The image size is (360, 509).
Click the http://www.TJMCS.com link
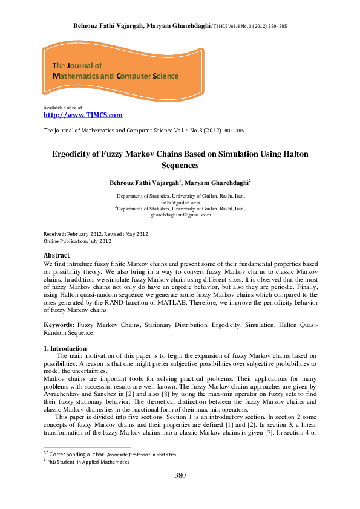coord(83,115)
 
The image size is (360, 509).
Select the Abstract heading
coord(57,256)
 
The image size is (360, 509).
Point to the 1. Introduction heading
coord(65,349)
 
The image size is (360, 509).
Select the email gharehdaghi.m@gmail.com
coord(180,214)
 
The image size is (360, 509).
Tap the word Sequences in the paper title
coord(180,165)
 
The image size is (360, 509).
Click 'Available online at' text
coord(63,107)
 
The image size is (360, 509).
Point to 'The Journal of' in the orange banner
coord(77,65)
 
